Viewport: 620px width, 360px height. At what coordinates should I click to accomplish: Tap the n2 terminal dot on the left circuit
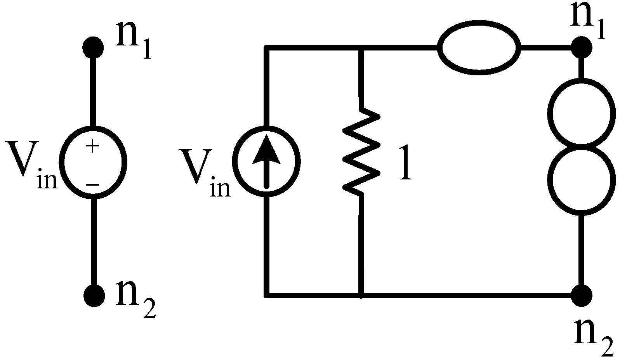click(x=94, y=296)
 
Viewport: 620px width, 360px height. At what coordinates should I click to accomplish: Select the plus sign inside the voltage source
click(x=93, y=146)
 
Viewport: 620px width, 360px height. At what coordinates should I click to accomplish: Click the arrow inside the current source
click(x=266, y=163)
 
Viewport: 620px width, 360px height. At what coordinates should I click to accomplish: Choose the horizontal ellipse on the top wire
click(x=479, y=48)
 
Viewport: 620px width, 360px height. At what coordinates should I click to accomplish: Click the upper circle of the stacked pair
click(x=581, y=114)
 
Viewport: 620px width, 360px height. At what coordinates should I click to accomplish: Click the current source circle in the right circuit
click(x=266, y=160)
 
